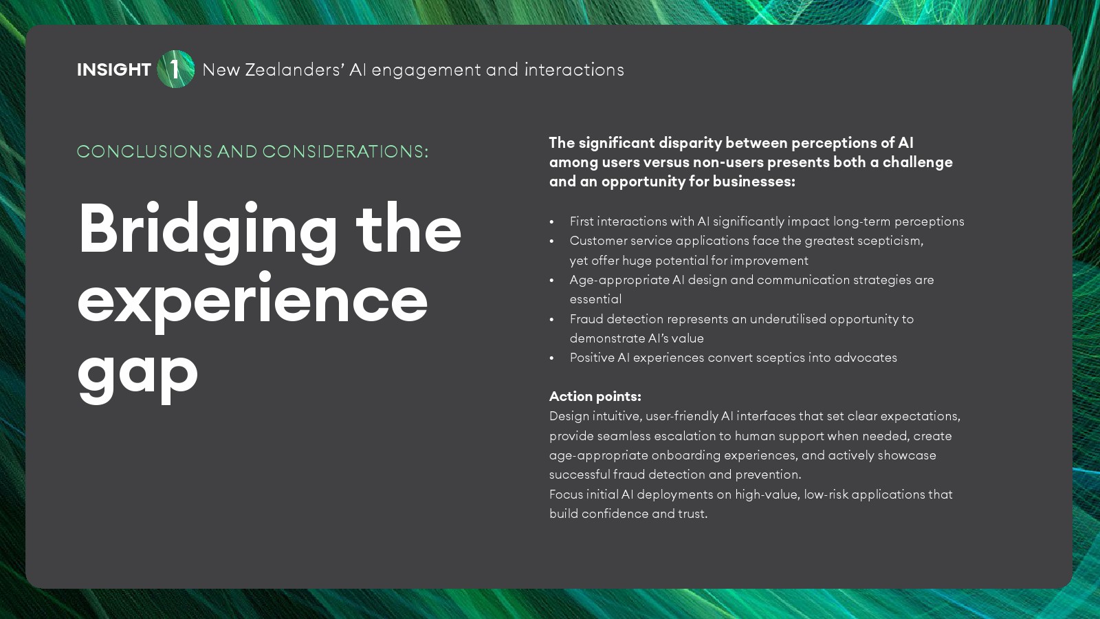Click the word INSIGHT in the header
pyautogui.click(x=114, y=69)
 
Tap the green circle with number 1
pyautogui.click(x=176, y=69)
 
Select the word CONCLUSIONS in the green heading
pyautogui.click(x=144, y=151)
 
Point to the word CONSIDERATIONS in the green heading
pyautogui.click(x=345, y=151)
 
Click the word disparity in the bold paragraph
pyautogui.click(x=690, y=143)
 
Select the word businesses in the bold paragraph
pyautogui.click(x=753, y=182)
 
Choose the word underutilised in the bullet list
pyautogui.click(x=788, y=319)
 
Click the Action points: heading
pyautogui.click(x=595, y=396)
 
